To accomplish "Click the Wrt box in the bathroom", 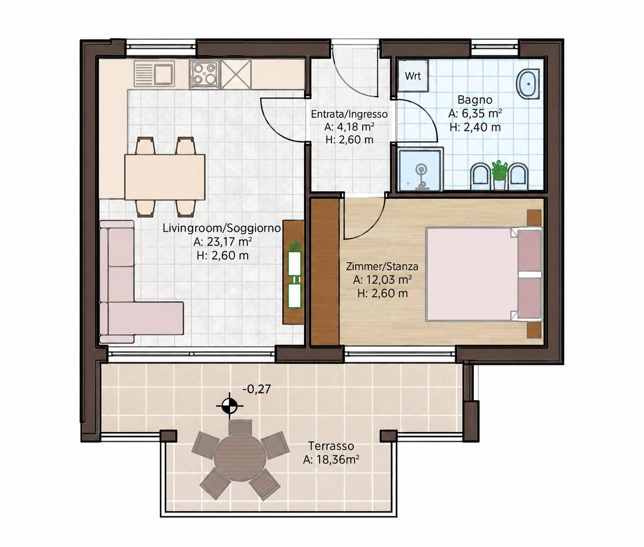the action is pyautogui.click(x=413, y=76).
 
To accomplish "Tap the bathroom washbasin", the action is pyautogui.click(x=528, y=84).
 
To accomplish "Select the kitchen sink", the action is pyautogui.click(x=154, y=73).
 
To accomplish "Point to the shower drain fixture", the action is pyautogui.click(x=421, y=178).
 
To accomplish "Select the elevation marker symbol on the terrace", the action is pyautogui.click(x=230, y=406).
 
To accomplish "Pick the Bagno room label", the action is pyautogui.click(x=475, y=100).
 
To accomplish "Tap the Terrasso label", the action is pyautogui.click(x=331, y=446).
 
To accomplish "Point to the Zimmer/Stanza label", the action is pyautogui.click(x=382, y=266).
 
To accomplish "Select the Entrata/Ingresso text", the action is pyautogui.click(x=349, y=114).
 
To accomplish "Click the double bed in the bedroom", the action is pyautogui.click(x=484, y=274).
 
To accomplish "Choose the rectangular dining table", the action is pyautogui.click(x=165, y=177).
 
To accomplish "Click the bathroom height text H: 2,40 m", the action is pyautogui.click(x=475, y=127).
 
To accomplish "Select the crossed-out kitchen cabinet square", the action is pyautogui.click(x=236, y=74).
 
